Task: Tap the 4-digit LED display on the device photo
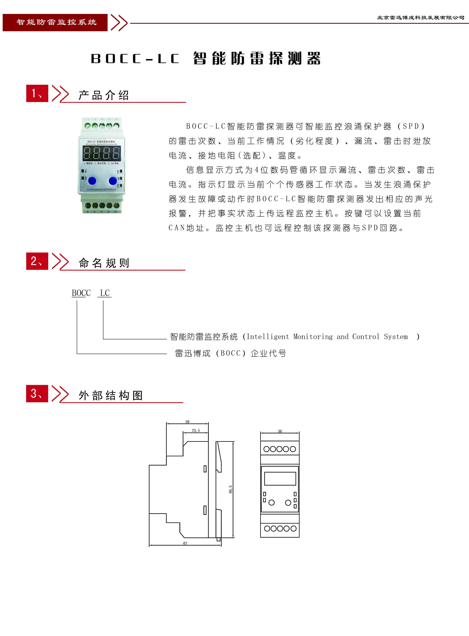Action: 102,153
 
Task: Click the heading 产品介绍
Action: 104,95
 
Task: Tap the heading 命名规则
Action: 104,263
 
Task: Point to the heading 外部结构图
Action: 110,395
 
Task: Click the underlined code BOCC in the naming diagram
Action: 81,293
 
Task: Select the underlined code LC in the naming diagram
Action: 105,293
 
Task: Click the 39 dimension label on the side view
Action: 187,422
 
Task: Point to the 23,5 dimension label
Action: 196,430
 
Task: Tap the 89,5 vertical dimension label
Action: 231,489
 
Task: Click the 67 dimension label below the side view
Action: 185,543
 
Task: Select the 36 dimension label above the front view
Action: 280,431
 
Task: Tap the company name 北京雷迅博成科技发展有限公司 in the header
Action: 420,18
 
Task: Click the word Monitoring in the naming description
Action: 313,337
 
